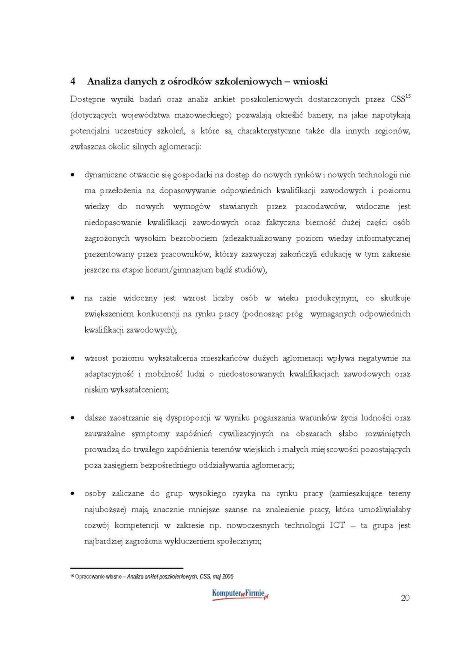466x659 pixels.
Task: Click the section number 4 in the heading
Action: [73, 82]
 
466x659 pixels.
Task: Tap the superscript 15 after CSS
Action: [408, 96]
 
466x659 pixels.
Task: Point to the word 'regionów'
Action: [392, 131]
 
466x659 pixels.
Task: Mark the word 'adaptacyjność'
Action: [109, 374]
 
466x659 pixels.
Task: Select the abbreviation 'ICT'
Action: [337, 525]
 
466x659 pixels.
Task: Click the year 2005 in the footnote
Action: [228, 577]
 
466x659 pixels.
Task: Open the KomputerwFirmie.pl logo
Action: [240, 595]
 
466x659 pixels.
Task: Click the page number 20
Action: [405, 598]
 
